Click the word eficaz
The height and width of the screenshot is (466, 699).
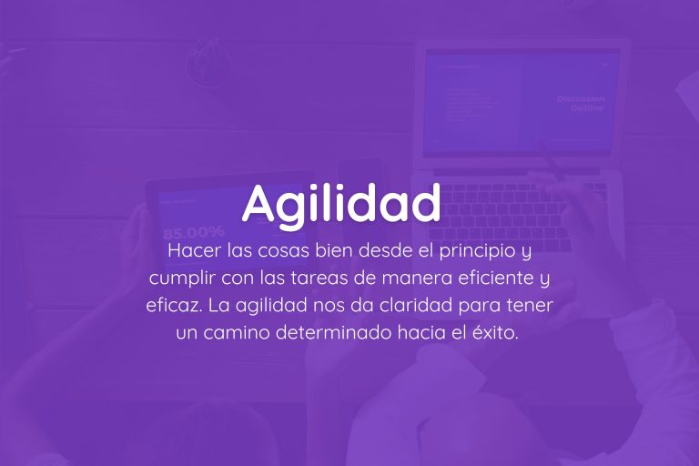(169, 304)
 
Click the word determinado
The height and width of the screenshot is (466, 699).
(328, 332)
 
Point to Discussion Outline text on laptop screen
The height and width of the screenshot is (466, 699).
(581, 103)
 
